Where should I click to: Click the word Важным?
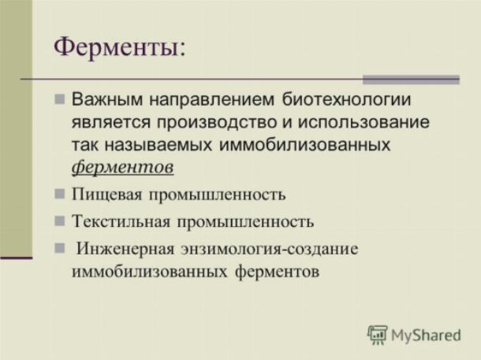tap(107, 99)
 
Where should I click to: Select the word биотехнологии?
tap(346, 99)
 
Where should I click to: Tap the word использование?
tap(364, 123)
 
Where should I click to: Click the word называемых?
tap(158, 145)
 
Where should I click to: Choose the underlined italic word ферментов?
tap(123, 167)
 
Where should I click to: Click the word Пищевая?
tap(106, 195)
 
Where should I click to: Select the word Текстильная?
tap(121, 221)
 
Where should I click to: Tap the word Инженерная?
tap(125, 248)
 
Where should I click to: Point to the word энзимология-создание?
tap(270, 249)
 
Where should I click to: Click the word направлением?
tap(211, 101)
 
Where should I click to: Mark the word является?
tap(111, 123)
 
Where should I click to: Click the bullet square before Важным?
tap(60, 99)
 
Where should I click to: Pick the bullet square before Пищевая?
tap(60, 194)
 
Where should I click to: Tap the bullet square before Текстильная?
tap(60, 221)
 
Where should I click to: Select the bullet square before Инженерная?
tap(60, 248)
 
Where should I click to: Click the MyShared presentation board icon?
tap(378, 335)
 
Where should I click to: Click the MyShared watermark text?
tap(426, 335)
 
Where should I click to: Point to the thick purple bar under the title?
tap(411, 80)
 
